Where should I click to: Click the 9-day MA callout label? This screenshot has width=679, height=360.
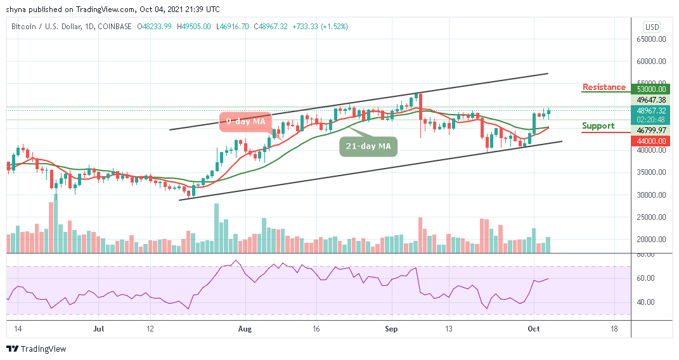point(246,120)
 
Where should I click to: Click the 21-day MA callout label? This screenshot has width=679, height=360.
point(368,146)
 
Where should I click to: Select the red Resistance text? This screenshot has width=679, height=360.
point(604,87)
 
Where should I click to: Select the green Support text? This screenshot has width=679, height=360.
point(598,125)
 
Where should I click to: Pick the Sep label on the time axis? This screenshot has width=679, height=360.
point(391,330)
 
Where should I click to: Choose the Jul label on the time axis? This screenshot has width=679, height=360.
point(98,330)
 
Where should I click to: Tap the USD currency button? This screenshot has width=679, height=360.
point(652,27)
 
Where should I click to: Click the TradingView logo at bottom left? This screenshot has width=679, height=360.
point(36,349)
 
